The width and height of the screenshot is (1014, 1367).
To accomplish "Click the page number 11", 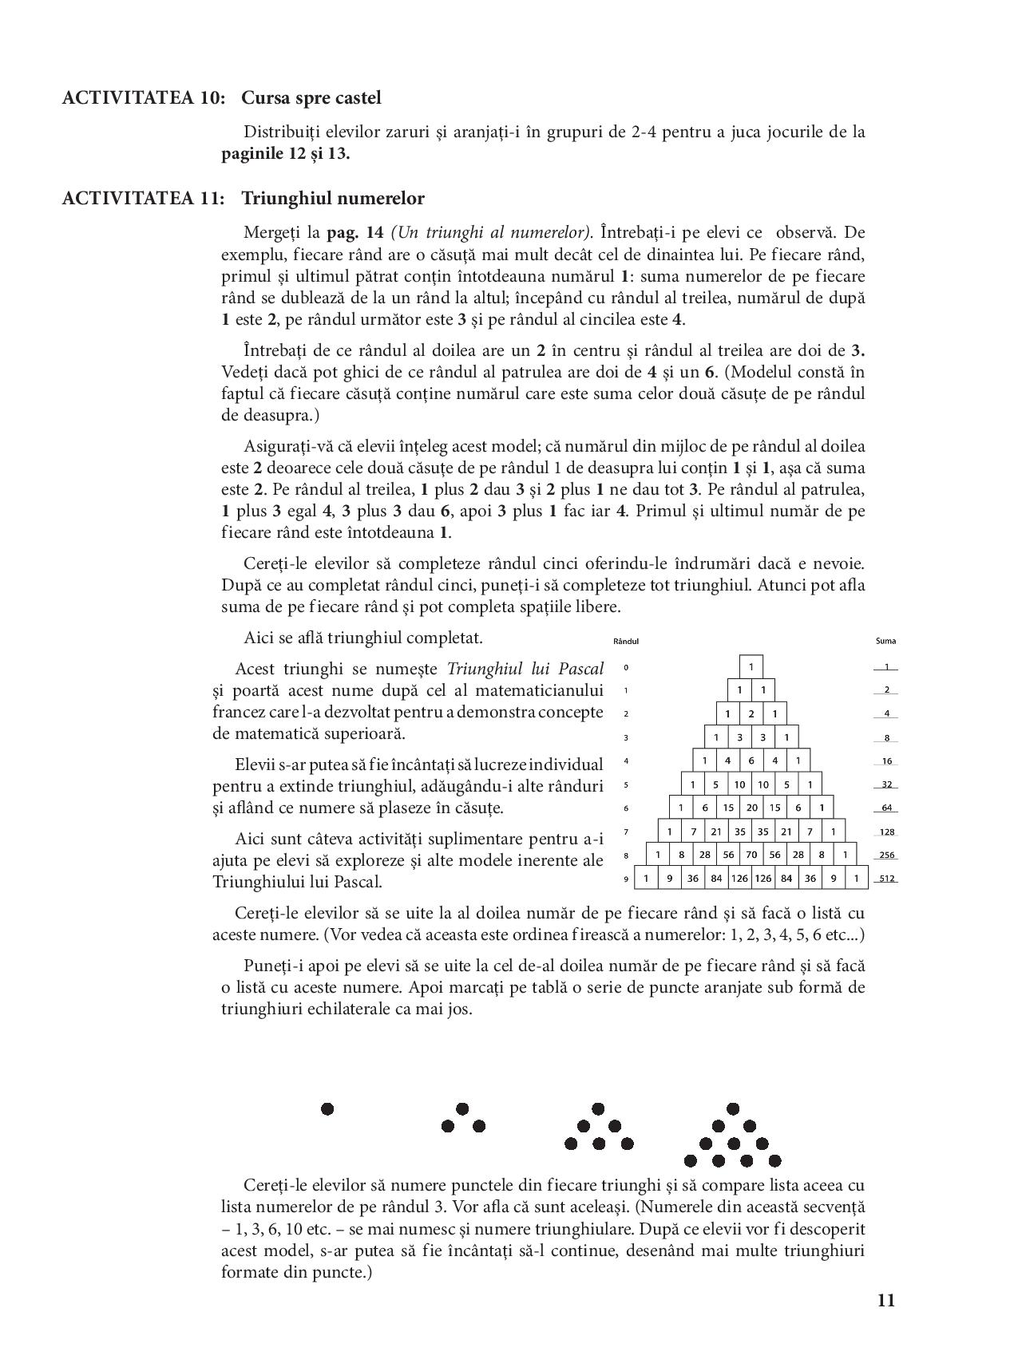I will tap(885, 1300).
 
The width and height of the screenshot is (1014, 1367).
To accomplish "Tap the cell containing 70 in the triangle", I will tap(751, 855).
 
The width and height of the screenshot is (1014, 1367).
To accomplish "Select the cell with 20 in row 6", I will tap(751, 808).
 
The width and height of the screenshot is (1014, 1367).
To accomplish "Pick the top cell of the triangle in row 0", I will tap(751, 666).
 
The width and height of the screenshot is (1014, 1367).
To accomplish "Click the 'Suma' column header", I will tap(885, 641).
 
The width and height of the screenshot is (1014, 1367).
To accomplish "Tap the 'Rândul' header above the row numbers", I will tap(626, 641).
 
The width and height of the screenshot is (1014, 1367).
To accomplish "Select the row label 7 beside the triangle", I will tap(626, 832).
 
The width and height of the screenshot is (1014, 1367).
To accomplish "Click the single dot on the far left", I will tap(327, 1108).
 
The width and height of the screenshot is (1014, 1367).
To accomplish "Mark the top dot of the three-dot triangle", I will tap(461, 1108).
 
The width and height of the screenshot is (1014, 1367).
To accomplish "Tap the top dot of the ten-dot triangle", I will tap(733, 1108).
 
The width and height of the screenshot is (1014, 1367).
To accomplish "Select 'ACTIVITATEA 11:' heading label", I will tap(143, 198).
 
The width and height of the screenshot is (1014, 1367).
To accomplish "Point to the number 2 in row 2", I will tap(751, 713).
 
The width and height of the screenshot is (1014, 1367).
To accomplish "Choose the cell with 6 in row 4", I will tap(751, 761).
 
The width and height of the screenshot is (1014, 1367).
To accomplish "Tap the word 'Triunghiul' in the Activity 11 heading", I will tap(279, 198).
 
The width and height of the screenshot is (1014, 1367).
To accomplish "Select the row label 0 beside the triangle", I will tap(626, 667).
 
